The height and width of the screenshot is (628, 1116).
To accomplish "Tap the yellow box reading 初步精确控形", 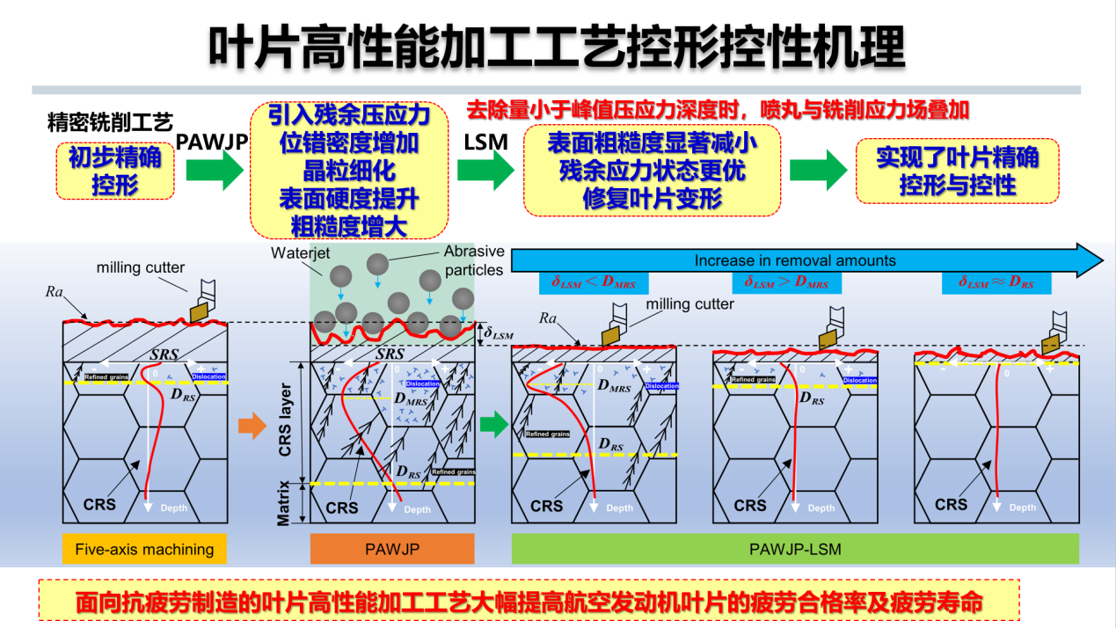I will click(114, 170).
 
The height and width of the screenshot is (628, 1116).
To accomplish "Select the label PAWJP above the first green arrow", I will click(212, 141).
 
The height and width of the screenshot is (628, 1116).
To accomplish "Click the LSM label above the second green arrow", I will click(485, 141).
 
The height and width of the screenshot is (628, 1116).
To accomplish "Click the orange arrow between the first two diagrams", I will click(252, 427).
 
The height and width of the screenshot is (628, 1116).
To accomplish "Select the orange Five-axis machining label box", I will click(144, 550).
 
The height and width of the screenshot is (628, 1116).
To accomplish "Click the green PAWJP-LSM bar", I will click(795, 550).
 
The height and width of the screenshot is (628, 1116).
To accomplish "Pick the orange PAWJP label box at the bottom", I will click(392, 550).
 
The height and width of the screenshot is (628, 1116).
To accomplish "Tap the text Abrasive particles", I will click(473, 260).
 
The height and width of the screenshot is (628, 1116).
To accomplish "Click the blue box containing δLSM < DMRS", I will click(594, 282).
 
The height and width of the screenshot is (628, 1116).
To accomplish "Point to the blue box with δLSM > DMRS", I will click(787, 282).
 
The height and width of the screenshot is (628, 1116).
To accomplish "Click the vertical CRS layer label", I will click(284, 423).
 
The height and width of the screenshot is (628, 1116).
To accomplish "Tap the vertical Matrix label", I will click(284, 502).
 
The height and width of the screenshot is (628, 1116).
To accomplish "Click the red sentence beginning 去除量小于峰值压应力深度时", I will click(717, 110).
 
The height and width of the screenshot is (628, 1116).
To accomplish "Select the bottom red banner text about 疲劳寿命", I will click(529, 603).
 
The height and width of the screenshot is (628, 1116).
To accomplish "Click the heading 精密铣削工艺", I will click(110, 121).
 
